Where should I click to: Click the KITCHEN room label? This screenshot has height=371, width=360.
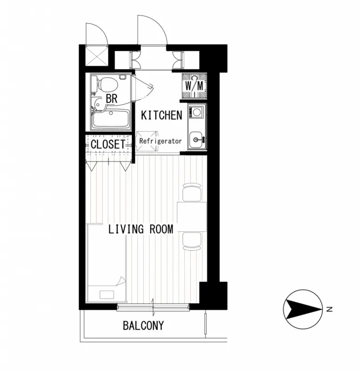pos(162,115)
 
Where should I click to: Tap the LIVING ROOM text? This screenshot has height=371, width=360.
pos(141,229)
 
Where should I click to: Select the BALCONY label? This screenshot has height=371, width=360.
pos(143,326)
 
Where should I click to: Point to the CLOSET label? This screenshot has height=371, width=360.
pos(108,144)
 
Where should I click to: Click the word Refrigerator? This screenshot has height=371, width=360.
pos(160,141)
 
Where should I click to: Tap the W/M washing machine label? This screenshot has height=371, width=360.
pos(194,86)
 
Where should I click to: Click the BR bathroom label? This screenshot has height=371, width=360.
pos(112,98)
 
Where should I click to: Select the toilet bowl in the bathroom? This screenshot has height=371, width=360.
pos(107,85)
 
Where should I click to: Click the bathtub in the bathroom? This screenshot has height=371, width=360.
pos(111,120)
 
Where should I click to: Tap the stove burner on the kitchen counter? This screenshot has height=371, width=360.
pos(196,111)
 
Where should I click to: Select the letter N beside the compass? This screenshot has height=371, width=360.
pos(329,309)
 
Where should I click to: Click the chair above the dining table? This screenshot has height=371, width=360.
pos(192,192)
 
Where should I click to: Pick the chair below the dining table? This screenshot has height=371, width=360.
pos(192,242)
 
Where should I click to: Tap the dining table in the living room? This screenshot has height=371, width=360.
pos(192,217)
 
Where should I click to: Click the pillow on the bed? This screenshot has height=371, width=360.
pos(107,294)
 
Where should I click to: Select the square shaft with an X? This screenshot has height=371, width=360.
pos(96,56)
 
